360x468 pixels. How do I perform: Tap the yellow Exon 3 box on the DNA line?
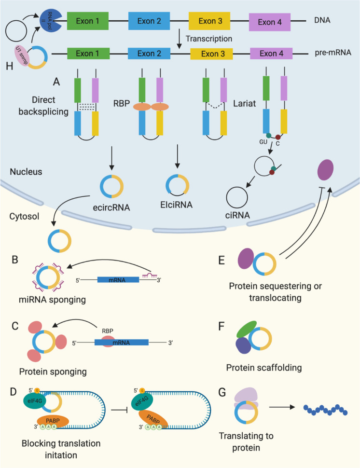(208, 22)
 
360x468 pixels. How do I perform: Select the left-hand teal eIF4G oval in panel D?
(34, 399)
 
